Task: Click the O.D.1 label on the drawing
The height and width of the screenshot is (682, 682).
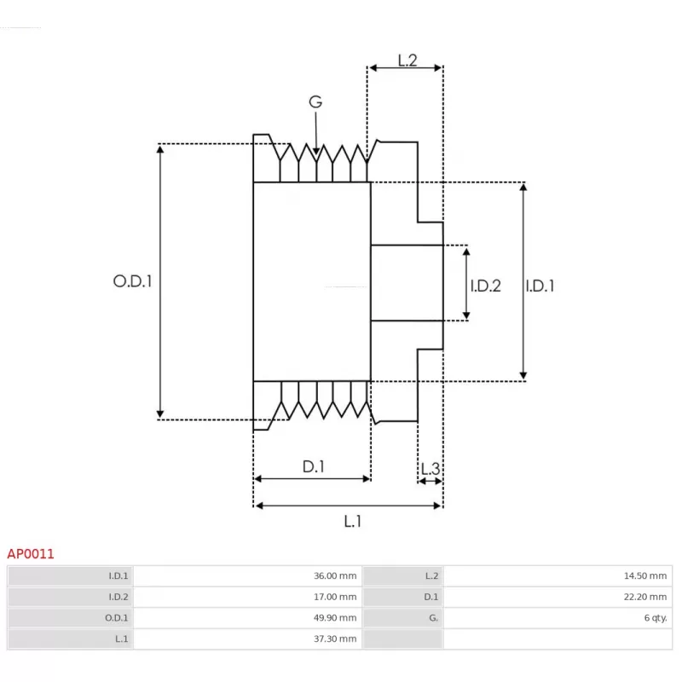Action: [133, 281]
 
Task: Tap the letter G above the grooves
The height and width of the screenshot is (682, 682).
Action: [315, 101]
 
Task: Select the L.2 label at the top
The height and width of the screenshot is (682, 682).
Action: [407, 60]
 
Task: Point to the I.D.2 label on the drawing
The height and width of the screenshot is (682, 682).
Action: [485, 286]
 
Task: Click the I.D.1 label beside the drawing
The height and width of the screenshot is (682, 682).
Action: [540, 286]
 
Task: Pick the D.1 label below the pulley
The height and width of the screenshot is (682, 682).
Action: [314, 466]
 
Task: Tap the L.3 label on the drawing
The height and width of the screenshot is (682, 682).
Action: [431, 468]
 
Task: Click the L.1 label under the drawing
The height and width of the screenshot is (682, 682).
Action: [352, 521]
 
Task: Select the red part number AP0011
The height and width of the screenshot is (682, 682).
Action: [31, 553]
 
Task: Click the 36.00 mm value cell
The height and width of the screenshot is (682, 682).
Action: [335, 576]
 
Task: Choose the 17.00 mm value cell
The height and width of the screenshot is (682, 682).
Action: [335, 597]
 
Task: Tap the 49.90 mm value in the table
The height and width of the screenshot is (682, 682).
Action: [335, 617]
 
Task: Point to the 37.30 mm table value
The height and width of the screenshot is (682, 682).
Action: [335, 639]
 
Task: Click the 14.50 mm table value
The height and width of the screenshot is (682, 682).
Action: [645, 576]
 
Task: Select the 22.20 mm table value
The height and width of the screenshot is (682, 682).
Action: [645, 597]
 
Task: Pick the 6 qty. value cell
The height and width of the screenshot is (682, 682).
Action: [656, 617]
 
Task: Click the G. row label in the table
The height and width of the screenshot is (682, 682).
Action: [433, 617]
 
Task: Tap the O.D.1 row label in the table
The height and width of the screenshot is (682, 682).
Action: [117, 617]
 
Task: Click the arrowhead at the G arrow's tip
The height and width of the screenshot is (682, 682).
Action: [316, 151]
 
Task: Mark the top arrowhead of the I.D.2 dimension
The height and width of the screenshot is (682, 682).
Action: [466, 251]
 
